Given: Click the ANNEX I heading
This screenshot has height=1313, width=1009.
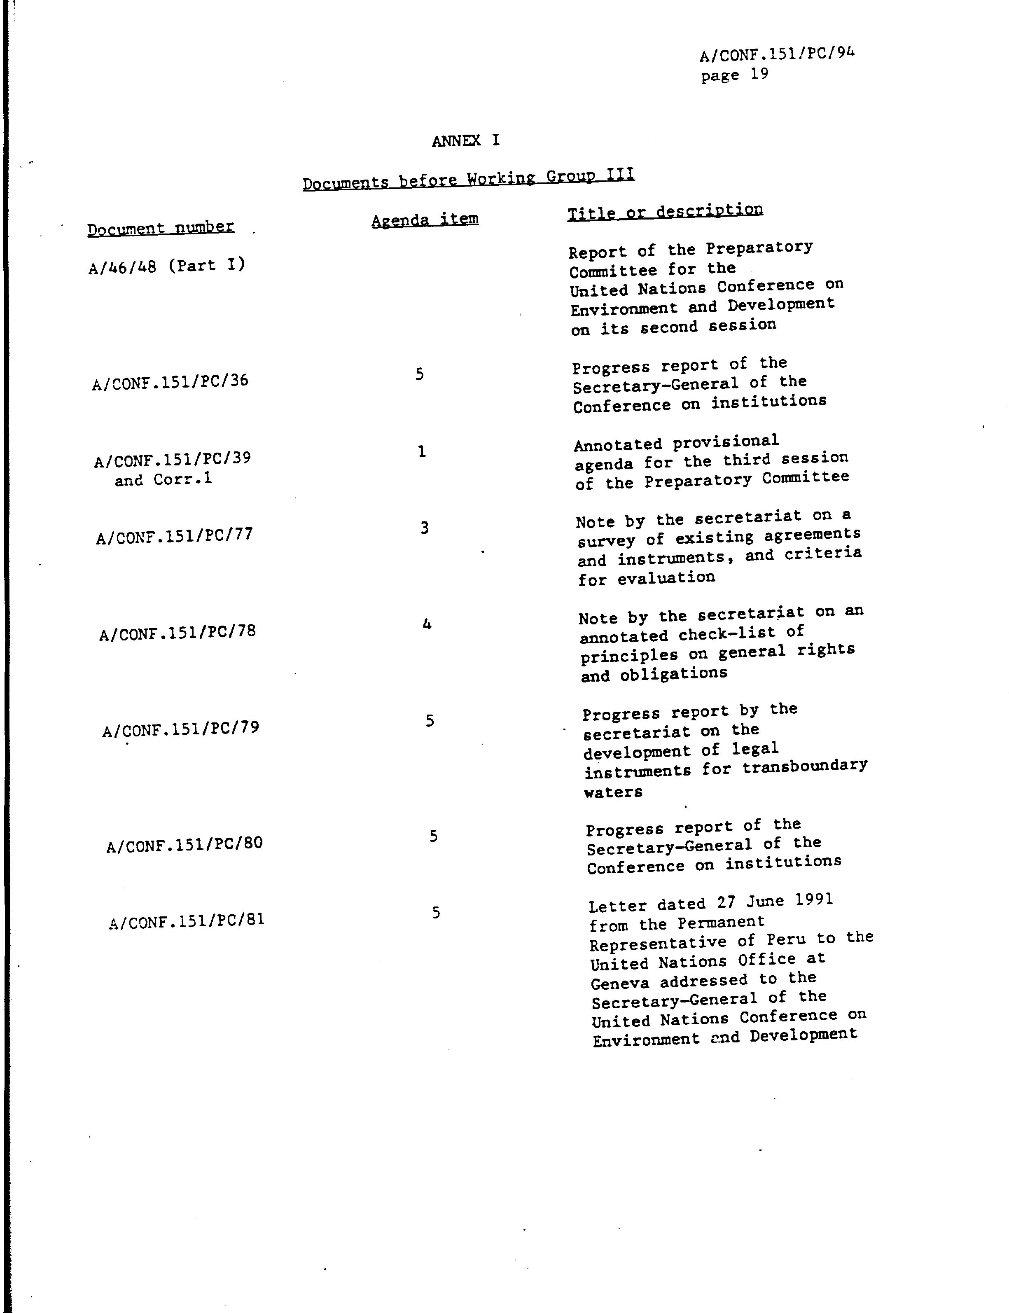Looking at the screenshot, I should coord(465,140).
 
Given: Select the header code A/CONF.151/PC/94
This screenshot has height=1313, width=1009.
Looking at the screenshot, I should coord(777,54).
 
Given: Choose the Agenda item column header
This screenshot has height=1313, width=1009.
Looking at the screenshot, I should coord(425,219).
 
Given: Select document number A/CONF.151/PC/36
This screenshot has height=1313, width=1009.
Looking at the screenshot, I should coord(170,381).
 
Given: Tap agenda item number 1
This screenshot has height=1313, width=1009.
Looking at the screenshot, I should coord(422,451).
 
